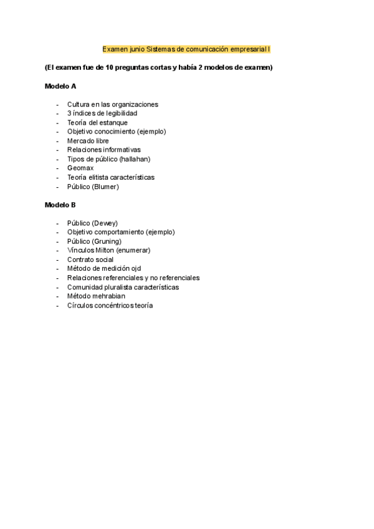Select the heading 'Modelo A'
(x=60, y=86)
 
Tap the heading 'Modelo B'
(x=60, y=205)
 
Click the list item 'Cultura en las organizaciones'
(x=113, y=104)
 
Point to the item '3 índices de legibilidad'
(x=102, y=114)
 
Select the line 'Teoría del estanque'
(x=97, y=123)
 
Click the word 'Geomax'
(x=80, y=168)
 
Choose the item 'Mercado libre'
(x=88, y=141)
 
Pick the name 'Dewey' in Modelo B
(x=104, y=223)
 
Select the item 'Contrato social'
(x=90, y=260)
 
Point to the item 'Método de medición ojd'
(x=104, y=269)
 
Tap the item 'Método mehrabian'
(x=96, y=296)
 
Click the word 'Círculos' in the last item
(x=80, y=306)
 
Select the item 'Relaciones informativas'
(x=104, y=150)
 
